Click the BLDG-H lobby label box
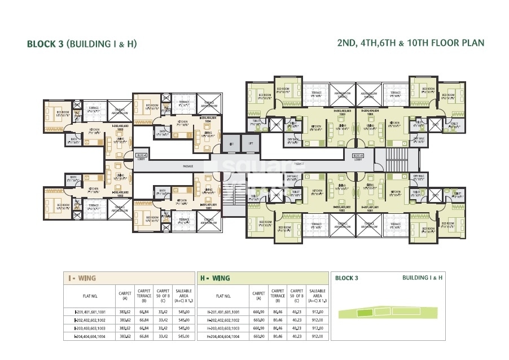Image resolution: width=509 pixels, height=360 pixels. (357, 155)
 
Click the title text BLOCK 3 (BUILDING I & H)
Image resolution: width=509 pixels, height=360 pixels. (82, 43)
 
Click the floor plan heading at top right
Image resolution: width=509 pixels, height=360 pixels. (410, 43)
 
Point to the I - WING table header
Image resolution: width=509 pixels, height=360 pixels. (81, 278)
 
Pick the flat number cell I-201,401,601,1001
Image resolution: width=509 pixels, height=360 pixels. (89, 311)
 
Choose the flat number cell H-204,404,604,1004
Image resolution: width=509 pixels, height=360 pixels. (223, 336)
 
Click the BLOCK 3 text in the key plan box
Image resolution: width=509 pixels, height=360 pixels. (347, 278)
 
